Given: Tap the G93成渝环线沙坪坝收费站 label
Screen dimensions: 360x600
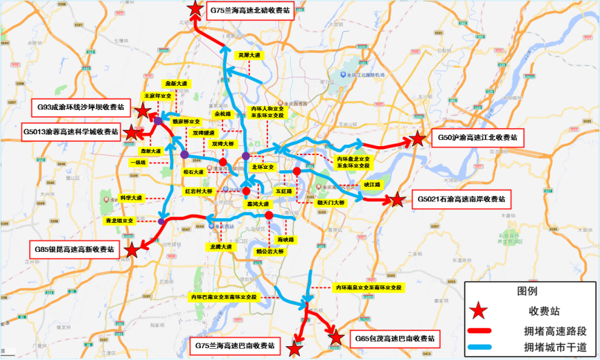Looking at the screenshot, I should pos(82,107).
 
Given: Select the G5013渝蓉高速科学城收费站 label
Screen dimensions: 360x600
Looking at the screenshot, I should pos(71,131).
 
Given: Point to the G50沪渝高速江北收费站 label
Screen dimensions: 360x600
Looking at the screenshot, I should pos(477,138).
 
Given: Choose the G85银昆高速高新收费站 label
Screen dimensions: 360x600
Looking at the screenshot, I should pos(75,249).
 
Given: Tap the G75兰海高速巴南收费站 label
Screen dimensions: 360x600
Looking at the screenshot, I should pos(233,345).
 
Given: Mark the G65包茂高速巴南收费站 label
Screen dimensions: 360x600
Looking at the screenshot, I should pos(395,339).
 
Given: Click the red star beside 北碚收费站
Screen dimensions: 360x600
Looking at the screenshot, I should pos(195,10).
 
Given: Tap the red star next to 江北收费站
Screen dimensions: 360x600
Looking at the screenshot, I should pos(417,139).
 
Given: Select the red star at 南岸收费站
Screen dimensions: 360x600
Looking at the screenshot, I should pos(397,201).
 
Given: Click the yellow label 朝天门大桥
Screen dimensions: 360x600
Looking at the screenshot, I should pos(331,202).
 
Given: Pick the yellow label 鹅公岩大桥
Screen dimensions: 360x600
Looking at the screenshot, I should pos(270,252).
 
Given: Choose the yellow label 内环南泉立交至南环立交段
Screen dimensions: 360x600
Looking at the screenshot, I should pos(368,287).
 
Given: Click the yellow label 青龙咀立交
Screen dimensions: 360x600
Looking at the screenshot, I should pos(119,220).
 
